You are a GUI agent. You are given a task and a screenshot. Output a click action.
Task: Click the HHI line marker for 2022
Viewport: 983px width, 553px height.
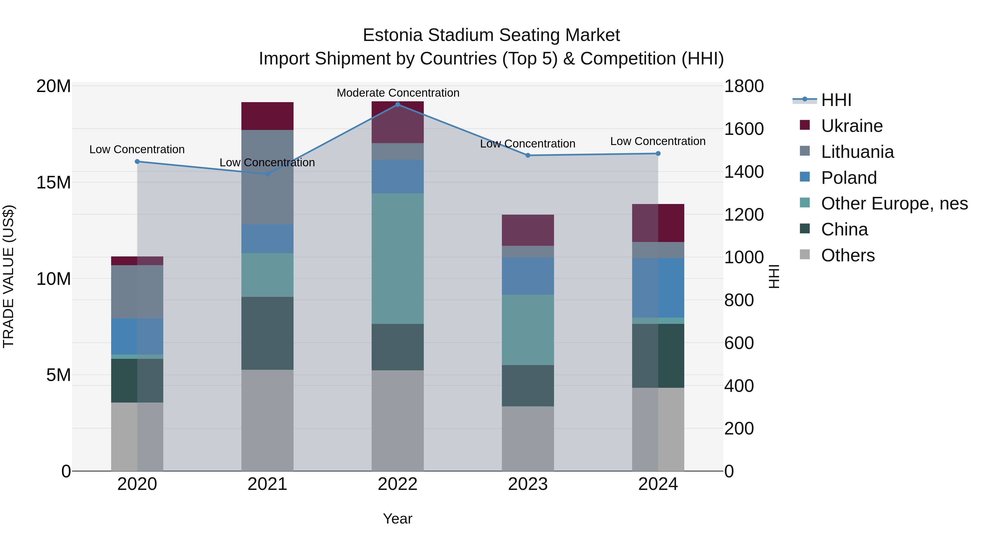click(x=397, y=104)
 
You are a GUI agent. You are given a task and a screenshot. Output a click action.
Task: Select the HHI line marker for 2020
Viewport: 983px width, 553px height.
click(x=137, y=161)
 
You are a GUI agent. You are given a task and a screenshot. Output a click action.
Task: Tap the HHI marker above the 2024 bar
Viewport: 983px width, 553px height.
click(x=658, y=153)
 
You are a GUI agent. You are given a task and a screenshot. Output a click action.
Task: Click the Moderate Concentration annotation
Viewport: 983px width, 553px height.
click(x=398, y=93)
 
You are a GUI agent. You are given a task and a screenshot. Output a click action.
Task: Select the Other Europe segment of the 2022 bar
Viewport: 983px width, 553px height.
click(x=397, y=258)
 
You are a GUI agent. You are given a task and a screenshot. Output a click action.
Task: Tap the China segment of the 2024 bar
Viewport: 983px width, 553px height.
click(x=658, y=356)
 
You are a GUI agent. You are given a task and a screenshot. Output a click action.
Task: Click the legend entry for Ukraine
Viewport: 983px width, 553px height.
click(x=851, y=126)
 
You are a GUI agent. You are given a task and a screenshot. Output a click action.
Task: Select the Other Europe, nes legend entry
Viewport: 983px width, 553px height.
click(x=894, y=203)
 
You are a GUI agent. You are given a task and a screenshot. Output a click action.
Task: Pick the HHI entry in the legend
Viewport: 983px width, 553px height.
click(x=836, y=100)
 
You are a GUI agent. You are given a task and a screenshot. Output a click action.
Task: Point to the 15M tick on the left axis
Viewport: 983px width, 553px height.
click(x=54, y=182)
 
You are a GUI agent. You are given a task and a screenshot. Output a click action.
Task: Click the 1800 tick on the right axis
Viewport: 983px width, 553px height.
click(x=744, y=86)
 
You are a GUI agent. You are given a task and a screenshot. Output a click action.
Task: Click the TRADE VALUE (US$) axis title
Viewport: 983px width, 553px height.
click(x=8, y=276)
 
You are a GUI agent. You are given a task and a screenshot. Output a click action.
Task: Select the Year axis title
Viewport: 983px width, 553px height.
click(x=397, y=519)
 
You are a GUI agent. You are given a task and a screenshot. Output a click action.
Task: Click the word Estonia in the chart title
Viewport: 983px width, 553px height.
click(x=392, y=35)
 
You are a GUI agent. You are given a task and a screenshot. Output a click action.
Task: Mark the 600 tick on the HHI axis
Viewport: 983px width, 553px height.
click(x=739, y=343)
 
